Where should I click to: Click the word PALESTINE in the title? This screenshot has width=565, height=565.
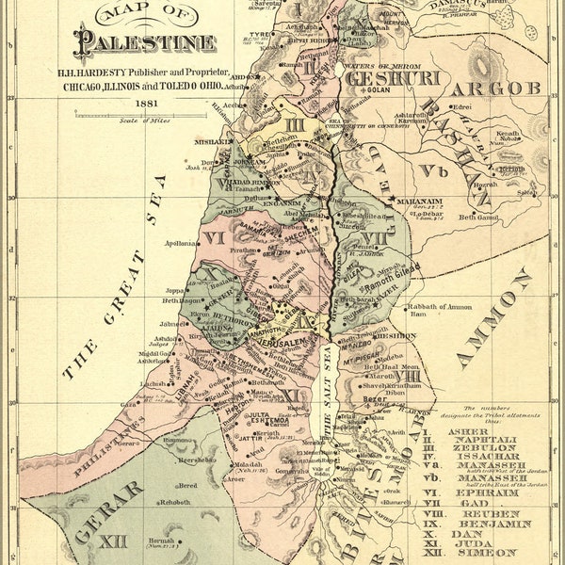tap(147, 42)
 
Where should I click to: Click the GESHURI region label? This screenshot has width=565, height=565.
tap(380, 78)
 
